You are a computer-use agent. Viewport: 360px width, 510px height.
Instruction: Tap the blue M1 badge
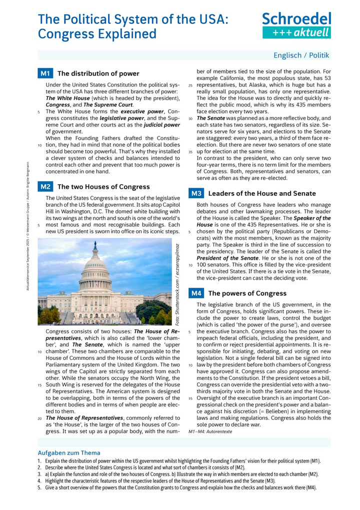44,74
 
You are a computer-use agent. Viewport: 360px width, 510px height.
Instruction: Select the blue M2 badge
44,187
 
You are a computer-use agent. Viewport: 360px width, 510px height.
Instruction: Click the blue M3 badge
195,193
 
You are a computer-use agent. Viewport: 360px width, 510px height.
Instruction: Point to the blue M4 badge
195,293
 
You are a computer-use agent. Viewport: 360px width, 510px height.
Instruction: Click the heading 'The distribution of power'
98,74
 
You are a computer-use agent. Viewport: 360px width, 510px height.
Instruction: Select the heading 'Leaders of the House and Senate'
262,193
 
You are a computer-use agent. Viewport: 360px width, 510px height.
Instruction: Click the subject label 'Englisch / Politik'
301,56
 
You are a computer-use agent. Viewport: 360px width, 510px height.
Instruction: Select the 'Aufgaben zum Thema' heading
69,452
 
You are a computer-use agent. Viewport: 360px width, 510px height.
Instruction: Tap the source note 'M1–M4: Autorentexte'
210,431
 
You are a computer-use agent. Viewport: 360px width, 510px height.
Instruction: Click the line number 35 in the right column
190,151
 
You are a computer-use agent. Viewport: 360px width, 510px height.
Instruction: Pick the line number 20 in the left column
39,418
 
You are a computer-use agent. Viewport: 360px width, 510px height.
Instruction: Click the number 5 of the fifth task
39,487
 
